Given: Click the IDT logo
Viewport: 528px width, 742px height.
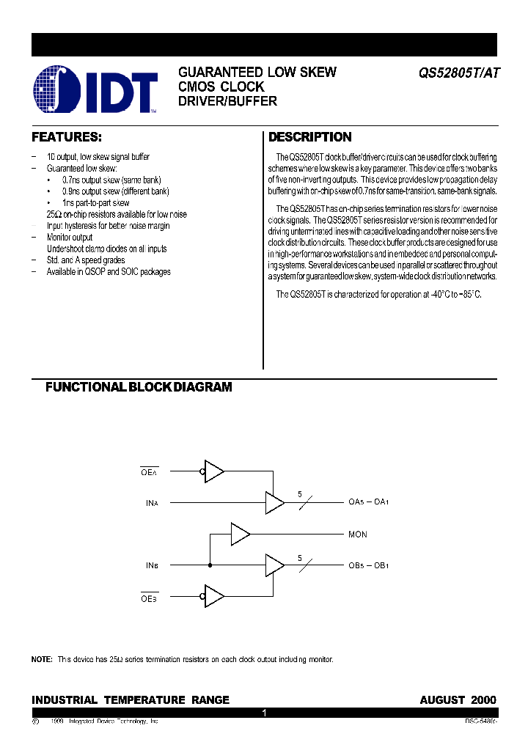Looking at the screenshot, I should (x=96, y=90).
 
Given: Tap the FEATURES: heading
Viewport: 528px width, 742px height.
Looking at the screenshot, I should (x=66, y=137).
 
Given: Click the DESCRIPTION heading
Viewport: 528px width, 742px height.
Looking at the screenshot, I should (x=309, y=137).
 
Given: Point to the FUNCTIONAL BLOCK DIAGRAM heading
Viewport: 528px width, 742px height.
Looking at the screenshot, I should (x=139, y=387).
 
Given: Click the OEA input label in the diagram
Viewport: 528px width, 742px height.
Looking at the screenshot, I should (x=149, y=472).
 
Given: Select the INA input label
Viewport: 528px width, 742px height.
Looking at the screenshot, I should (x=152, y=503).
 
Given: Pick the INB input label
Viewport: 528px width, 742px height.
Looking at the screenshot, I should (x=152, y=565).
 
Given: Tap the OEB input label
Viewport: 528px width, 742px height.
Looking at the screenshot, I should (x=149, y=598).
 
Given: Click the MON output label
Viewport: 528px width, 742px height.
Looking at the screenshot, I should (x=358, y=535).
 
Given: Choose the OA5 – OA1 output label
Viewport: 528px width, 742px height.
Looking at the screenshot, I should (x=368, y=503).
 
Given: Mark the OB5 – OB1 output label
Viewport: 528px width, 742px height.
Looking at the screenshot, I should (x=368, y=565).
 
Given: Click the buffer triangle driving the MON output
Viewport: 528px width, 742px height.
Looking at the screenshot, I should (x=240, y=535).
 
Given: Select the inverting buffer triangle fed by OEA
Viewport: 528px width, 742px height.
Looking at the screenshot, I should (x=213, y=471).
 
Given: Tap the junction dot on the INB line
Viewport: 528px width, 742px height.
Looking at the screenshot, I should (x=210, y=565).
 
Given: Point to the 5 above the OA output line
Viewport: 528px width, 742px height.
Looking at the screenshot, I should (x=299, y=494).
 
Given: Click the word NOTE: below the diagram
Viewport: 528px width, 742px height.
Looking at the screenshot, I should (x=42, y=660).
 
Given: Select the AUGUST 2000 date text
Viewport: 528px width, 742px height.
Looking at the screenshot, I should (x=458, y=699).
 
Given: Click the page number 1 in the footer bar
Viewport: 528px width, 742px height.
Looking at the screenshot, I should (x=264, y=713).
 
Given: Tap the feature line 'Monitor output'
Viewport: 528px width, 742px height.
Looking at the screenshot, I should (x=70, y=238).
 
